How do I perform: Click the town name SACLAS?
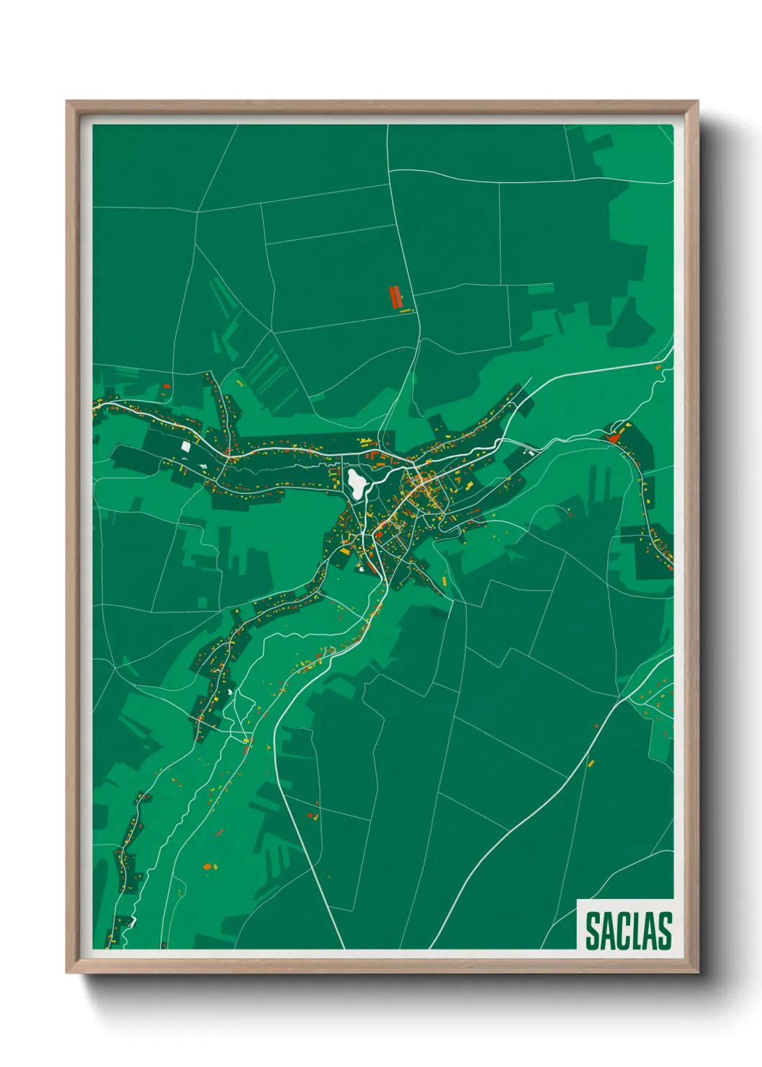tap(628, 931)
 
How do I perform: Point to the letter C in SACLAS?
tap(623, 931)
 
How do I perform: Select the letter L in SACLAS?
tap(637, 931)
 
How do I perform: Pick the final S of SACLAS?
tap(665, 931)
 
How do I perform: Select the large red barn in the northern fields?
tap(394, 296)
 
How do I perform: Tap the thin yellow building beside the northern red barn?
tap(405, 311)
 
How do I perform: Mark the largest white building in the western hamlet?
tap(186, 446)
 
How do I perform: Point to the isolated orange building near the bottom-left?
tap(207, 866)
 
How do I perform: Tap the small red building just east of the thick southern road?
tap(312, 815)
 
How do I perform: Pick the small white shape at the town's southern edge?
tap(360, 567)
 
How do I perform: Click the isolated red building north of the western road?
tap(166, 386)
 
